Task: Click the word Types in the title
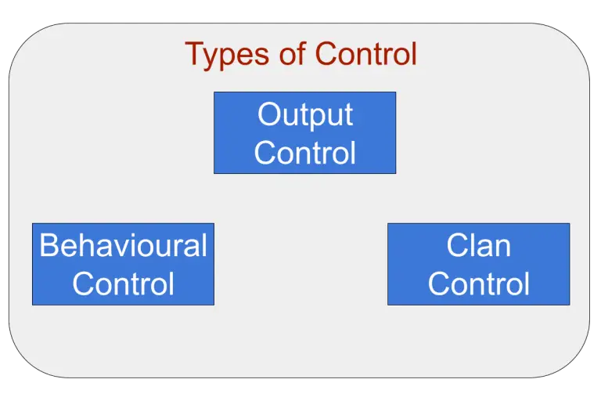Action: click(227, 56)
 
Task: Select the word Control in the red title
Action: click(365, 53)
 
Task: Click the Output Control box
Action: click(304, 133)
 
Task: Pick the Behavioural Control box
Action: click(123, 264)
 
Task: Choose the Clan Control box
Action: click(478, 264)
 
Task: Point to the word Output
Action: click(305, 115)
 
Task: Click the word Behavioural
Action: click(123, 245)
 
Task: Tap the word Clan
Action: click(478, 245)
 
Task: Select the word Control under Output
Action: click(305, 153)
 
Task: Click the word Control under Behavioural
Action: click(123, 284)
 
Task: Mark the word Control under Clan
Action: click(478, 284)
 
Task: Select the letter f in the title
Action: click(301, 52)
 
